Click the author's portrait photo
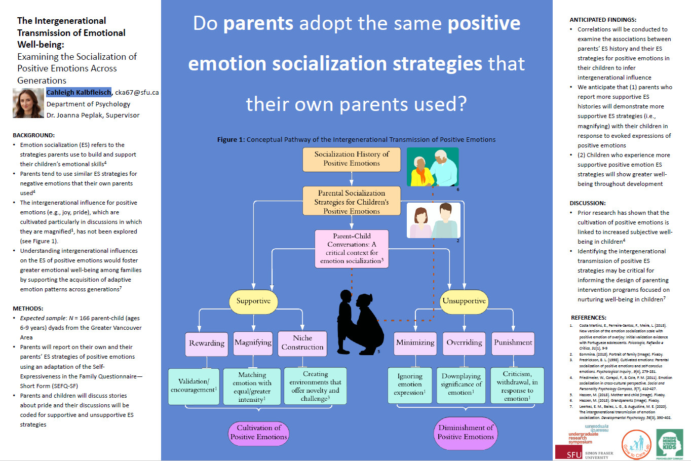point(28,103)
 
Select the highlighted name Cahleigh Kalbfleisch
point(79,92)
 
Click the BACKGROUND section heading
point(33,135)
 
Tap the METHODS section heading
point(28,309)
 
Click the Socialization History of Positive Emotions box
point(352,159)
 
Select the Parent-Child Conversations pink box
point(352,248)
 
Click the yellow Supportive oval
point(253,301)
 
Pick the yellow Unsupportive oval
point(464,301)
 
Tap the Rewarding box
point(207,343)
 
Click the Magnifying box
point(253,343)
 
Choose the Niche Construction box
point(302,343)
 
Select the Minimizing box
point(415,343)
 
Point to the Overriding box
point(464,343)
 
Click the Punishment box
point(513,343)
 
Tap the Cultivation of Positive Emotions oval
point(258,433)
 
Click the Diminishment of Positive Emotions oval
point(466,433)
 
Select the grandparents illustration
point(433,167)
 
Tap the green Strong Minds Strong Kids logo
point(670,444)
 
